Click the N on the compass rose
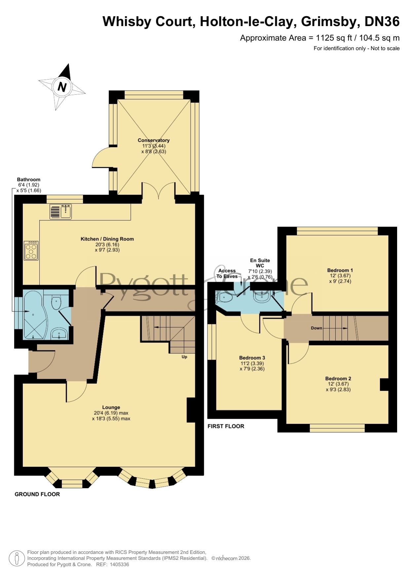tap(62, 87)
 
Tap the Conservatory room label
tap(154, 140)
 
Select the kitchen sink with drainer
tap(60, 211)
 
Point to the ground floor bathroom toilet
tap(56, 302)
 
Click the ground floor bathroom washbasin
tap(59, 334)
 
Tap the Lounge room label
tap(111, 407)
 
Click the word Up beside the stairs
tap(184, 357)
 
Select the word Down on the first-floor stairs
tap(317, 328)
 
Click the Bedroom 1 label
tap(340, 270)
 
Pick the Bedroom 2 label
tap(338, 378)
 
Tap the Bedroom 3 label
tap(252, 358)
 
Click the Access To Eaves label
tap(227, 273)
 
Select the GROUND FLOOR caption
tap(37, 494)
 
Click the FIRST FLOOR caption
tap(226, 426)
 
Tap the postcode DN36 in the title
tap(382, 21)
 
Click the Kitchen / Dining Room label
tap(107, 239)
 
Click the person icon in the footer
tap(16, 559)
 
